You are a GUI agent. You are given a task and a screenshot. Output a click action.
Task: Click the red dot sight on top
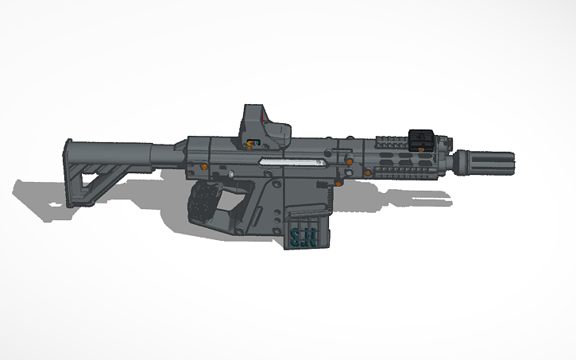[261, 126]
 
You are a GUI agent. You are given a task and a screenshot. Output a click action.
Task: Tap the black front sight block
[419, 140]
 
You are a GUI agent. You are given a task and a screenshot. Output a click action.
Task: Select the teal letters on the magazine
[303, 237]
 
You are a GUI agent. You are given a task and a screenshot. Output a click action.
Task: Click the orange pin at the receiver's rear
[205, 167]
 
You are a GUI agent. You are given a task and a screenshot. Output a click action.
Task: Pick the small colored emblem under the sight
[253, 143]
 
